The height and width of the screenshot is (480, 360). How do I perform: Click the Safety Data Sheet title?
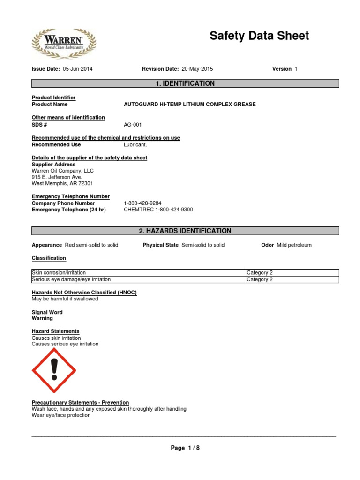tap(259, 36)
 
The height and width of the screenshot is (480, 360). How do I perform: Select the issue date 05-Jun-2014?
tap(77, 69)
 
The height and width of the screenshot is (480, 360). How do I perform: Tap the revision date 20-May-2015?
tap(197, 69)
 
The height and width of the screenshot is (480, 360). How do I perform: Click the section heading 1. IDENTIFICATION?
tap(185, 83)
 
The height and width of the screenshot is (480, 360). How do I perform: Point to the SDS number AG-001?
tap(133, 125)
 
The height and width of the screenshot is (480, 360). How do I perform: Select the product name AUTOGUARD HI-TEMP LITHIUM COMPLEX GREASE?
tap(190, 105)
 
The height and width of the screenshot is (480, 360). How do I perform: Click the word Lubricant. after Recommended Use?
tap(135, 145)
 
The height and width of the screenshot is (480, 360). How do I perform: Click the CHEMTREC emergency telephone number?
tap(158, 210)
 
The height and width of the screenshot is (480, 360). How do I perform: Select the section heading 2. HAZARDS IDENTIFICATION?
tap(185, 231)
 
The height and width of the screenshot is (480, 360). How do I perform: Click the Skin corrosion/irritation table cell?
tap(59, 272)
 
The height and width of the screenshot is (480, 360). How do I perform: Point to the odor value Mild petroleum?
tap(294, 245)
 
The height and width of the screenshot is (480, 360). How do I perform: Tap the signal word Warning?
tap(42, 318)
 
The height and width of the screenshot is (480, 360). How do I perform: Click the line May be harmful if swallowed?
tap(65, 299)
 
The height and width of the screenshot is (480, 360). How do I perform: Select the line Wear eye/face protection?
tap(61, 415)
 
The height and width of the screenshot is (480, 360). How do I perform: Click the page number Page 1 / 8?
tap(185, 448)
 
